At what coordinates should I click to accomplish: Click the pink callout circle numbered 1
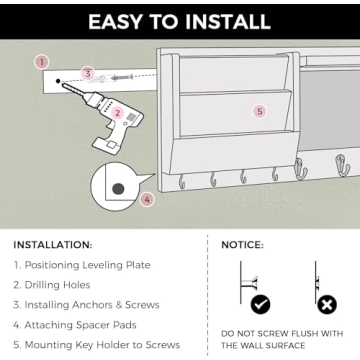(42, 62)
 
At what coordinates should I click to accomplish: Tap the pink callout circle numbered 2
(117, 113)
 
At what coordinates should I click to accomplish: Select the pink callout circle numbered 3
(88, 73)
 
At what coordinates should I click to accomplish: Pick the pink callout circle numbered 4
(147, 200)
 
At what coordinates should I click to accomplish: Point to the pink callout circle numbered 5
(260, 111)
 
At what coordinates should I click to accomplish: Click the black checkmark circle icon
(260, 304)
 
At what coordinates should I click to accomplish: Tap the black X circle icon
(327, 304)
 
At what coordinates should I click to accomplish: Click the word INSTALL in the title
(227, 22)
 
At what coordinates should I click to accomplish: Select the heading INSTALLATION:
(53, 245)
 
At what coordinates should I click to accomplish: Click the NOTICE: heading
(242, 245)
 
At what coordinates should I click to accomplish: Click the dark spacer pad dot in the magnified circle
(118, 189)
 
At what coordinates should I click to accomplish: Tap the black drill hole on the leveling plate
(58, 81)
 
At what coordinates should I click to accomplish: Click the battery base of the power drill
(106, 145)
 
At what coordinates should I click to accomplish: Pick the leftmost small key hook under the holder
(182, 182)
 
